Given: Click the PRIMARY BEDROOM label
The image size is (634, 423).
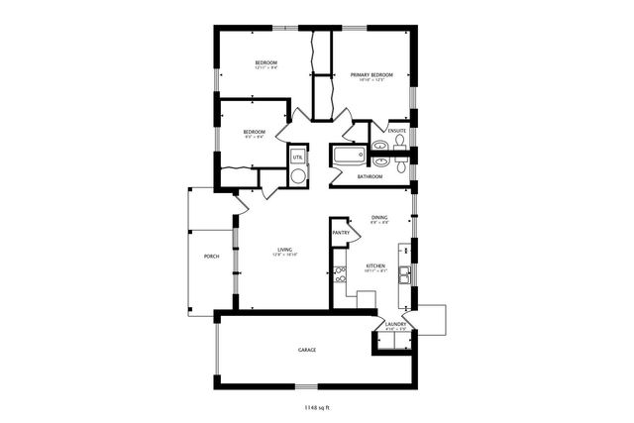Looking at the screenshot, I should (371, 75).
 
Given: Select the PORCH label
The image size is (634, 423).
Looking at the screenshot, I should (211, 256).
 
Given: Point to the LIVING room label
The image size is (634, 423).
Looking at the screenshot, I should (285, 250).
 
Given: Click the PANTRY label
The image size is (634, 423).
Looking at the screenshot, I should (341, 233).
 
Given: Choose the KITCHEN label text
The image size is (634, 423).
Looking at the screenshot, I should (375, 265).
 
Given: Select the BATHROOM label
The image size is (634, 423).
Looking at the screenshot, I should (370, 176).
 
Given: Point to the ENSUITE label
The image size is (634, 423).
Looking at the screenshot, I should (396, 130).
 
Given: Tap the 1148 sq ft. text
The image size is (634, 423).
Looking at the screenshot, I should (318, 406).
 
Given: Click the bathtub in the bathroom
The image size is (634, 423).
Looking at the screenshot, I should (349, 156).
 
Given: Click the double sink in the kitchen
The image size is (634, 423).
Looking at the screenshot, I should (405, 274).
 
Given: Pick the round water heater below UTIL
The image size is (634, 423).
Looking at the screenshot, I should (297, 175).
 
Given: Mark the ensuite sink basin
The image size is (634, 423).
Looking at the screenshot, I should (379, 147).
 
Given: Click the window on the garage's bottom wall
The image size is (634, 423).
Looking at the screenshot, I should (307, 384).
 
